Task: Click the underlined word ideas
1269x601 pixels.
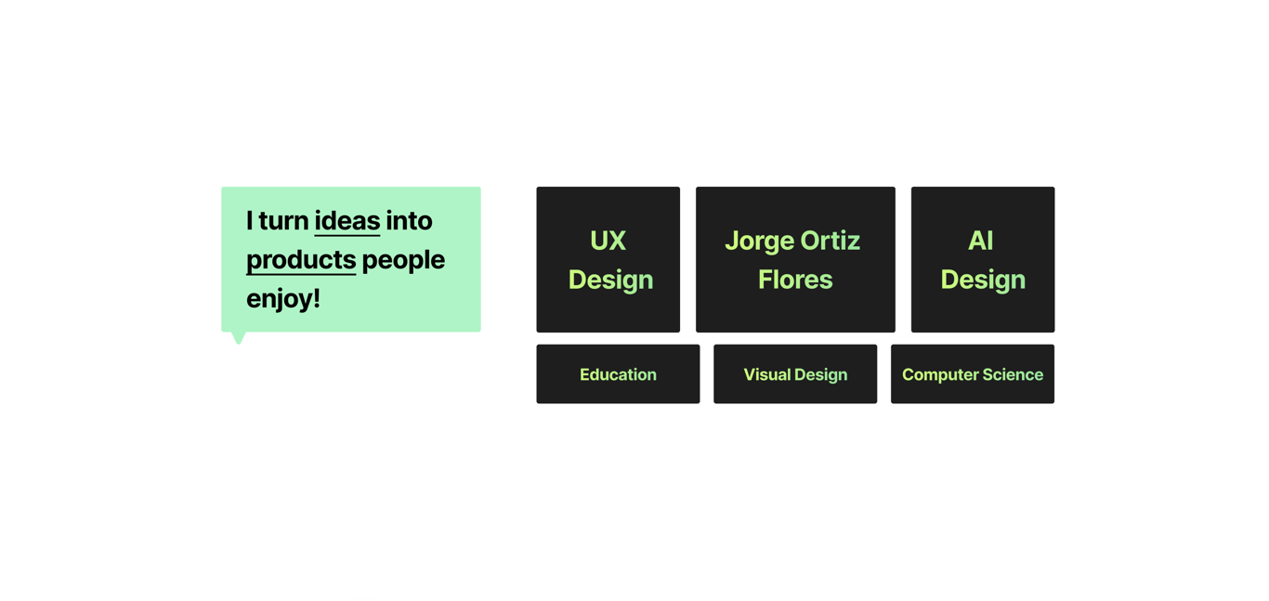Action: (347, 221)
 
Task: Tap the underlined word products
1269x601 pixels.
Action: (301, 261)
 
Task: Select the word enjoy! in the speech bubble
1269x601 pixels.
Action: (283, 299)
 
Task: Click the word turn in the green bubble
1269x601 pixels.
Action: (283, 221)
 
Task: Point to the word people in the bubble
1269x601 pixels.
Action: (403, 261)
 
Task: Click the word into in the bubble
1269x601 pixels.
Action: (409, 221)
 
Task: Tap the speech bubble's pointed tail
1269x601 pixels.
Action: (239, 338)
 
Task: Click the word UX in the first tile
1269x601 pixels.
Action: (608, 241)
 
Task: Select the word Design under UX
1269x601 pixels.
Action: (610, 281)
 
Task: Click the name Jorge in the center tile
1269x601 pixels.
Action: (760, 242)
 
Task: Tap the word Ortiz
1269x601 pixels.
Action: (831, 241)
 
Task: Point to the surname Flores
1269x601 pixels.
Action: (795, 280)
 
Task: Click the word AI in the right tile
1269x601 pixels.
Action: (981, 241)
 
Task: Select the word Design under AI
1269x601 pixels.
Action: (983, 281)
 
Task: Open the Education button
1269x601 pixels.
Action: (618, 373)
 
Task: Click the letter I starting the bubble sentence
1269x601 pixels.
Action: (249, 221)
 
